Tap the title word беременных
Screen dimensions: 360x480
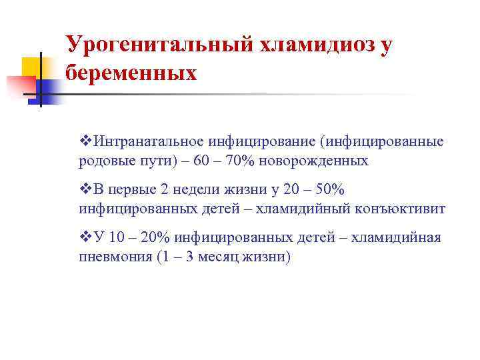point(131,72)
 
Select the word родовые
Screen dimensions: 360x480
point(103,161)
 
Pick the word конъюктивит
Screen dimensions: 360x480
point(400,209)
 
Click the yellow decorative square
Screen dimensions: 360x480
point(31,67)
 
